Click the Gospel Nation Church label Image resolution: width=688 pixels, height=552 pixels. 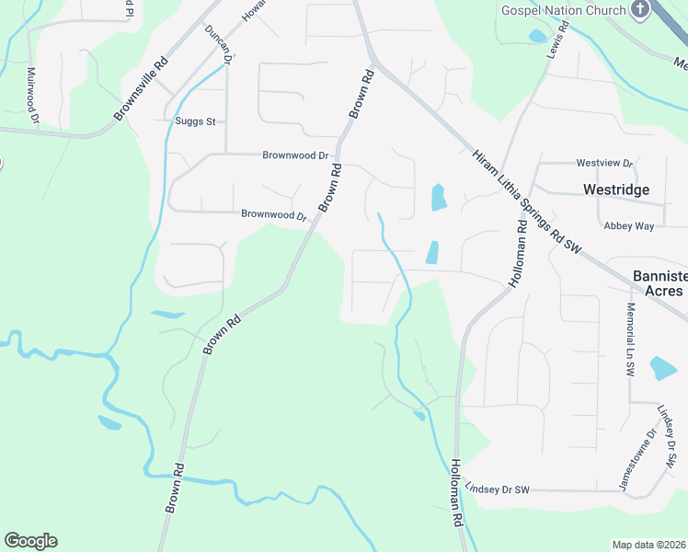coord(563,10)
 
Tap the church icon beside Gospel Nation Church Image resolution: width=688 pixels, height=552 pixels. coord(640,9)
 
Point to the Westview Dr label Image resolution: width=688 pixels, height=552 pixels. coord(604,164)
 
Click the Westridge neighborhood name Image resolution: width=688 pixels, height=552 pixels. coord(616,190)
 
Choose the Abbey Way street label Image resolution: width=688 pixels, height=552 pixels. coord(628,225)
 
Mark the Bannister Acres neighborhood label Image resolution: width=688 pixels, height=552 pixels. coord(658,283)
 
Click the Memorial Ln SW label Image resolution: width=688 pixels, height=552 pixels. coord(630,339)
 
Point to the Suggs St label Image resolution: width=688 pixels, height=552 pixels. coord(195,121)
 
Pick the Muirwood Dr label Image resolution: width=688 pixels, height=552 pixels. coord(32,95)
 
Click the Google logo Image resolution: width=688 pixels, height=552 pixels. coord(30,541)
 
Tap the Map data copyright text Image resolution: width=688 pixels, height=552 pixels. coord(649,545)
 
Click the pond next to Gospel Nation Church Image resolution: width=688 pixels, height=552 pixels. coord(537,37)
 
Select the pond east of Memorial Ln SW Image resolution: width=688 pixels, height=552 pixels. coord(663,368)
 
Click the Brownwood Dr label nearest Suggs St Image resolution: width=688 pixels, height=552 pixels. coord(295,155)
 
